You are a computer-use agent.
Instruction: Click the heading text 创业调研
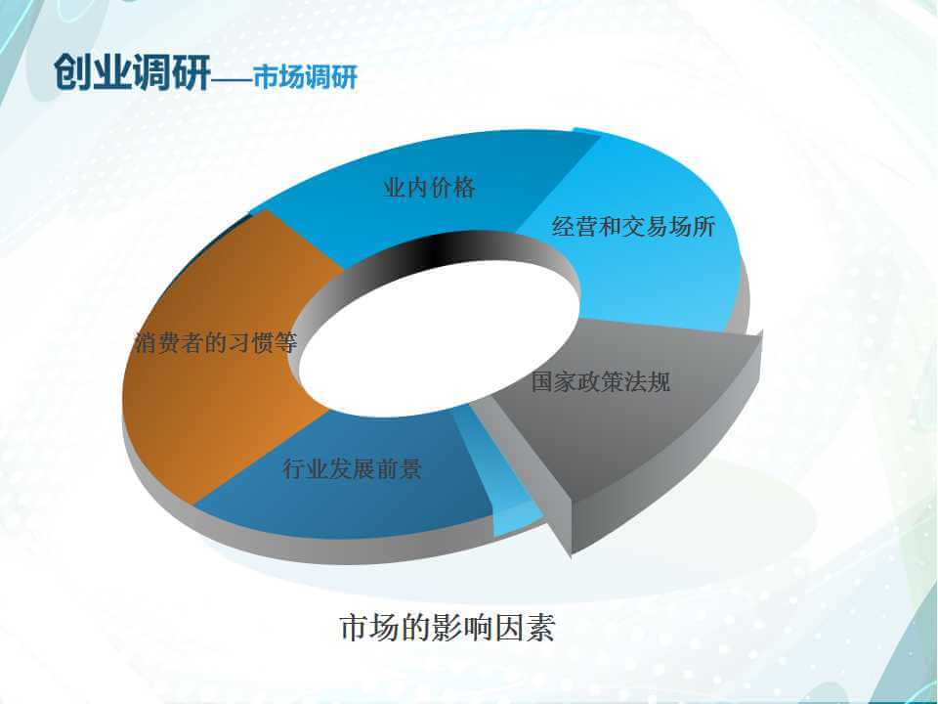coord(132,71)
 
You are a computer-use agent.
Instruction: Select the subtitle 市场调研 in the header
coord(305,76)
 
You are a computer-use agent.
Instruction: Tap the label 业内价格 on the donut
coord(430,188)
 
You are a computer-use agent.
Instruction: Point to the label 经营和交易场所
coord(633,226)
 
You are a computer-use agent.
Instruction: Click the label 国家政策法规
coord(601,381)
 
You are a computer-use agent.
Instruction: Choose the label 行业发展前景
coord(353,468)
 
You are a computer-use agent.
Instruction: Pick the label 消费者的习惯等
coord(216,343)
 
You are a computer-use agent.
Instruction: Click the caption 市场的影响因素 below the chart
coord(448,628)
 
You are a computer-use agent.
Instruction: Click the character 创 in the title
coord(73,71)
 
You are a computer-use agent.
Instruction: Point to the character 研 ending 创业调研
coord(192,71)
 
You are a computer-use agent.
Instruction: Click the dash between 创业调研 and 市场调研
coord(233,78)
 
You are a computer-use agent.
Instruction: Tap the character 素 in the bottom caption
coord(540,628)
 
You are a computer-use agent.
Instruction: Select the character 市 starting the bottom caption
coord(356,628)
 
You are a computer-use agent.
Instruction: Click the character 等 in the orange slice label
coord(286,343)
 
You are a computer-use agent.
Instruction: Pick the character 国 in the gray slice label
coord(543,381)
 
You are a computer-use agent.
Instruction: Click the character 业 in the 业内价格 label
coord(395,188)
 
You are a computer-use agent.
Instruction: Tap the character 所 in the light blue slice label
coord(704,226)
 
